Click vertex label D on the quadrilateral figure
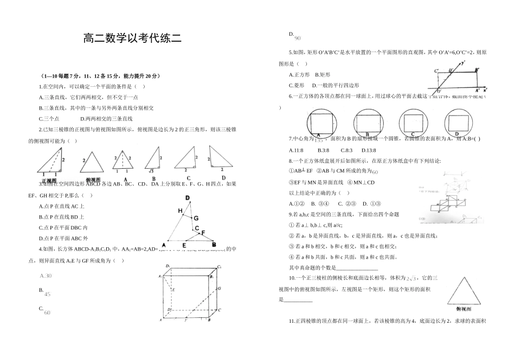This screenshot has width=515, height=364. (188, 198)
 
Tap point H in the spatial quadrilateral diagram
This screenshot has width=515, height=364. (179, 210)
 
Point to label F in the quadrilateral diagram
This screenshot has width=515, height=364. (203, 233)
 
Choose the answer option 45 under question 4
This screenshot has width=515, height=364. (47, 294)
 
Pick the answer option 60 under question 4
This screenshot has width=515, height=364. (47, 312)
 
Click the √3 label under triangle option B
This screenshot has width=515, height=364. (153, 171)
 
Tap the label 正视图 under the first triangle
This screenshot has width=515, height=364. (49, 180)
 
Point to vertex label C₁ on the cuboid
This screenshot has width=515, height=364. (219, 266)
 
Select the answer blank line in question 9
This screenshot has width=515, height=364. (357, 268)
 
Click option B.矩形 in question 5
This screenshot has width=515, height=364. (323, 74)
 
